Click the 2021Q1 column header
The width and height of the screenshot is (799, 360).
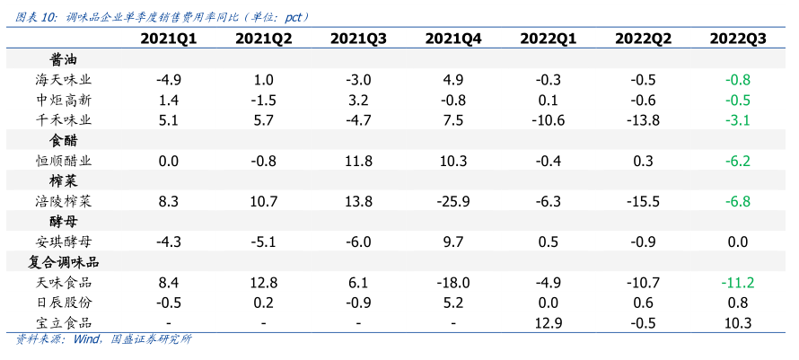click(x=169, y=39)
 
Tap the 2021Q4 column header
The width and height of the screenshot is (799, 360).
click(x=453, y=39)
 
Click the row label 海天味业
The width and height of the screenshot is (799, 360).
click(x=63, y=80)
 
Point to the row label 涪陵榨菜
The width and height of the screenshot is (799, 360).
click(x=63, y=201)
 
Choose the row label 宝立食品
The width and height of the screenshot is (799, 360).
click(x=63, y=323)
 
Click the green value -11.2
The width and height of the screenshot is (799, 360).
click(x=737, y=283)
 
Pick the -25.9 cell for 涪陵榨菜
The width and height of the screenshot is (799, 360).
click(x=453, y=201)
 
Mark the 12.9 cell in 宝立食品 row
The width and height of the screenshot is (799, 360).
click(x=548, y=323)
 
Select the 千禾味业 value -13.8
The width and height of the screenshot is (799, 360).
click(x=643, y=120)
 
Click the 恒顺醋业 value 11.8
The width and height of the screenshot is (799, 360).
click(x=358, y=161)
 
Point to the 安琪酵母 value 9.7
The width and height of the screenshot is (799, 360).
click(x=453, y=241)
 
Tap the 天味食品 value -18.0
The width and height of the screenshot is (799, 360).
click(x=453, y=283)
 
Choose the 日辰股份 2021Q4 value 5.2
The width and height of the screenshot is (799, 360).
click(x=453, y=303)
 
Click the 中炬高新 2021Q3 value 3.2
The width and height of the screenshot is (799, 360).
click(x=358, y=100)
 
